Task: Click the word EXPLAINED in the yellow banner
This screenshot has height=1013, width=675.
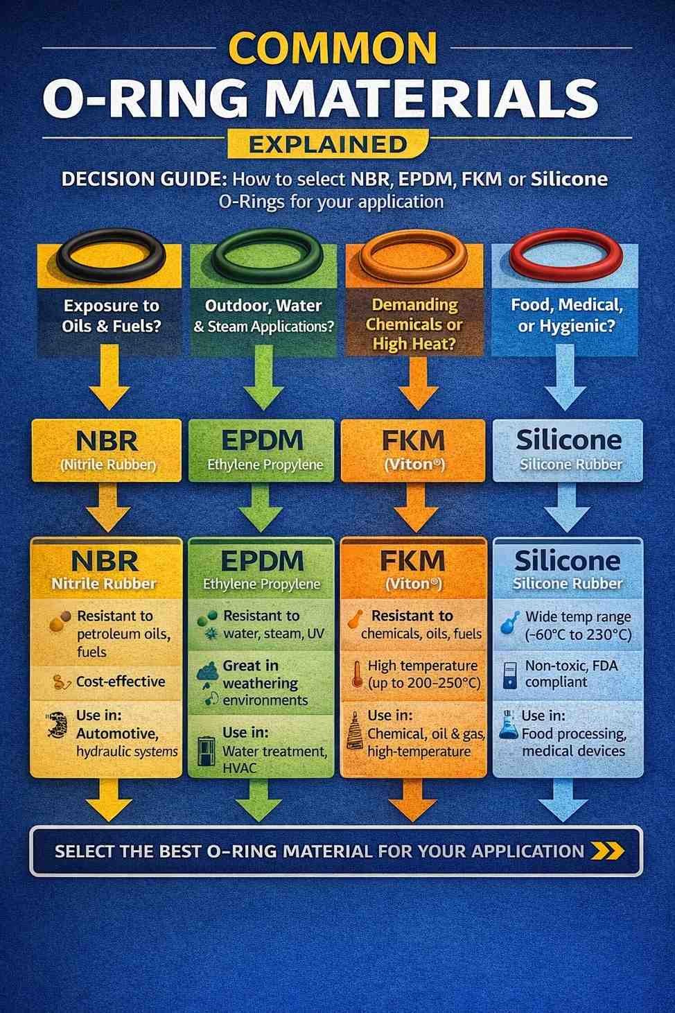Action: [327, 144]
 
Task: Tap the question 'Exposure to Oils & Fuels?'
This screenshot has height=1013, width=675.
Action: [111, 315]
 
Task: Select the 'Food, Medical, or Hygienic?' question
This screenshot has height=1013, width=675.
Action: [566, 315]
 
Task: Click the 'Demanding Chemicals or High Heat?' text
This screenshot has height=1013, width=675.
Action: [414, 324]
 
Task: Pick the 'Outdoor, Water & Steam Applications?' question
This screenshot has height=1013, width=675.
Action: [264, 315]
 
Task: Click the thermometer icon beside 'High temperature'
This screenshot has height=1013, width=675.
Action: [356, 673]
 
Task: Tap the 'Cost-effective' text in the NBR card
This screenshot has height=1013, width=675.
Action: [121, 681]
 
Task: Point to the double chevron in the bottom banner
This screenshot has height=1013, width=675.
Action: [606, 851]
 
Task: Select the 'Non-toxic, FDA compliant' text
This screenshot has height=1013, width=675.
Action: [570, 673]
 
